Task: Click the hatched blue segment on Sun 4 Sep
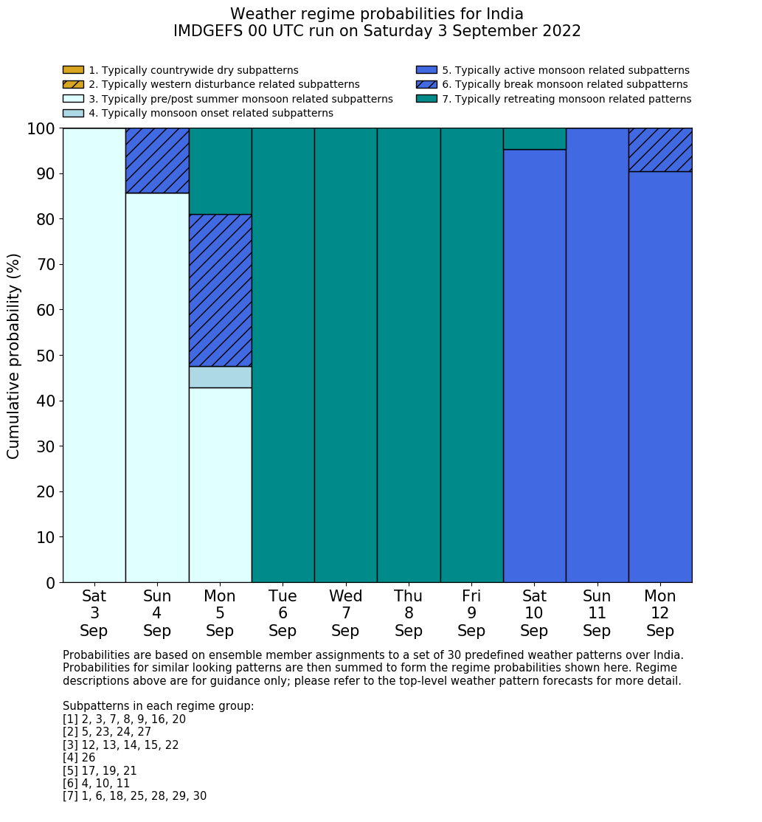pos(157,160)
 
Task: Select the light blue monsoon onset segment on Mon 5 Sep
pos(220,377)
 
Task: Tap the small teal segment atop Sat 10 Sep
pos(534,139)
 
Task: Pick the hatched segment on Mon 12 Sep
pos(660,150)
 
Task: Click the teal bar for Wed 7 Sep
pos(345,355)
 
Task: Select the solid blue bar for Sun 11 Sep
pos(597,355)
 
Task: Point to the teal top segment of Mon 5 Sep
pos(220,171)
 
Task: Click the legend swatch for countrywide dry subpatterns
pos(73,70)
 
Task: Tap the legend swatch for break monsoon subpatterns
pos(426,84)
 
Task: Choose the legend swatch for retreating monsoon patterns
pos(426,99)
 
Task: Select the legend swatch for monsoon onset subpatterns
pos(73,113)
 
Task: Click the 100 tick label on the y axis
pos(41,129)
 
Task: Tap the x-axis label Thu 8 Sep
pos(409,613)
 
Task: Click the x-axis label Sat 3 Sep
pos(94,613)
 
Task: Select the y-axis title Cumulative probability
pos(14,356)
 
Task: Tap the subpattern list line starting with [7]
pos(134,796)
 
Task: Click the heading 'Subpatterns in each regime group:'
pos(158,706)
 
